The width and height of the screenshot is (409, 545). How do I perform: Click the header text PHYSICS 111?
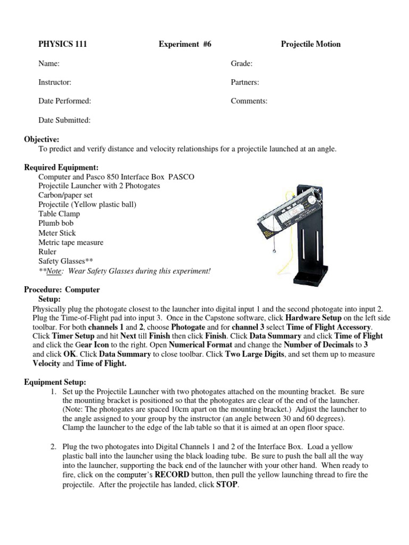[x=62, y=44]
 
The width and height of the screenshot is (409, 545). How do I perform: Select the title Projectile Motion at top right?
[x=310, y=44]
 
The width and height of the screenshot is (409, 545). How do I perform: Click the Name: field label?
[x=48, y=64]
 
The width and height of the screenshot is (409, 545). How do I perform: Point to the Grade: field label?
[x=241, y=64]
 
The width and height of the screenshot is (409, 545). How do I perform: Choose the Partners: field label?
[x=244, y=82]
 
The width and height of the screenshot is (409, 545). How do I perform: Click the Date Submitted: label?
[x=64, y=120]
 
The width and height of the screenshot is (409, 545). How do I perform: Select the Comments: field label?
[x=249, y=101]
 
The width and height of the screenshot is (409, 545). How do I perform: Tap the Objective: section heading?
[x=42, y=139]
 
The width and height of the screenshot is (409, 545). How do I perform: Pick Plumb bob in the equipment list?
[x=56, y=224]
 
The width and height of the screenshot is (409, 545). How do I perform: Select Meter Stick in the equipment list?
[x=57, y=233]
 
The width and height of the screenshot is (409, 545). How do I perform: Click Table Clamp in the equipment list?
[x=59, y=214]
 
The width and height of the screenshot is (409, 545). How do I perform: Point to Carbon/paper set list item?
[x=64, y=195]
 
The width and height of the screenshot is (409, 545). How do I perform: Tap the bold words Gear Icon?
[x=87, y=345]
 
